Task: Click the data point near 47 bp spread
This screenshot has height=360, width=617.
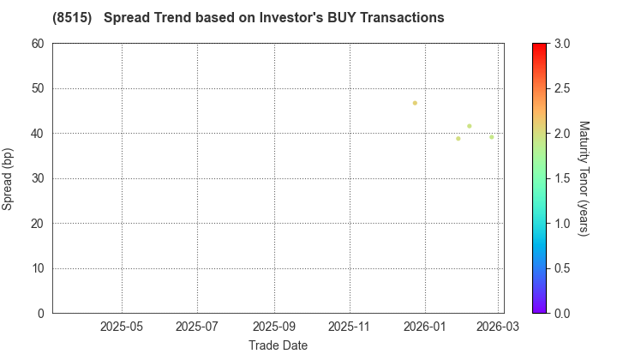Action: [415, 103]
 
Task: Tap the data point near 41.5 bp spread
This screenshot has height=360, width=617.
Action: [470, 126]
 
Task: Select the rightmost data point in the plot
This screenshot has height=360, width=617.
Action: [492, 137]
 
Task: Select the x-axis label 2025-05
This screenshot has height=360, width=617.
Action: [122, 327]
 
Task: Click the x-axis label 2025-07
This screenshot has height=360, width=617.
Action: [197, 327]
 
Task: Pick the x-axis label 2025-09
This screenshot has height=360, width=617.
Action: [274, 327]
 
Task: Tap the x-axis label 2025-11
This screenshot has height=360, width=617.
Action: [350, 327]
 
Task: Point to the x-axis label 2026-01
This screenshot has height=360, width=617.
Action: [426, 327]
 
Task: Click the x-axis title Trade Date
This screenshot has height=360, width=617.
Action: [278, 345]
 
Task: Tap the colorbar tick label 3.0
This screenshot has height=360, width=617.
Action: [562, 44]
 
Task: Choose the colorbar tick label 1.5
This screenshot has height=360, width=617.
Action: [562, 178]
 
